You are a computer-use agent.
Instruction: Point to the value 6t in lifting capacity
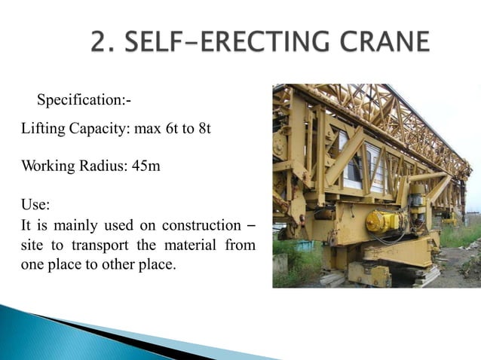[x=170, y=130]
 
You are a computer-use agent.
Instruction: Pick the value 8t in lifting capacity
[x=203, y=130]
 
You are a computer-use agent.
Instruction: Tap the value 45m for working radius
[x=146, y=166]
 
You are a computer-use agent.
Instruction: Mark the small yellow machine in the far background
[x=450, y=220]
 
